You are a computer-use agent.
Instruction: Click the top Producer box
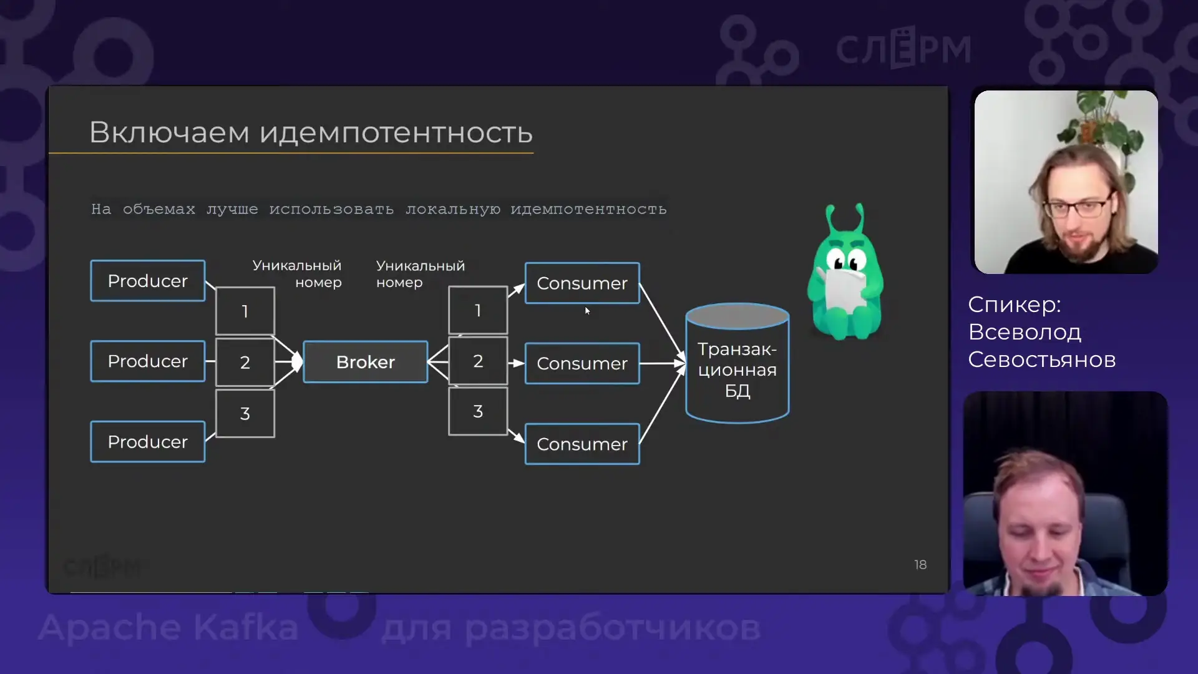[x=147, y=281]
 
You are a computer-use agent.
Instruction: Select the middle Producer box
[x=147, y=361]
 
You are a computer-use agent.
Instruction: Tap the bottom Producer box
[x=147, y=442]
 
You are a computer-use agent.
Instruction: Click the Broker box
[x=366, y=362]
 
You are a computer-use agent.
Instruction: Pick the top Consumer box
[x=582, y=283]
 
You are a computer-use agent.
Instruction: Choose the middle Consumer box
[x=582, y=363]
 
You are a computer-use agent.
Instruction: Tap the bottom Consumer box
[x=582, y=444]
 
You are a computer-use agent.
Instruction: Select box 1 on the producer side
[x=245, y=311]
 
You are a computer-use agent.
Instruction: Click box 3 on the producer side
[x=245, y=413]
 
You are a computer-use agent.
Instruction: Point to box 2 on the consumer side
[x=478, y=361]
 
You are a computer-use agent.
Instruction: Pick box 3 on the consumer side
[x=478, y=411]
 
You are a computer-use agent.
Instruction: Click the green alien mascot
[x=845, y=275]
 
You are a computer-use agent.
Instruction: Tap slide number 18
[x=920, y=565]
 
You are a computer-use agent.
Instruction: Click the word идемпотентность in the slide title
[x=396, y=132]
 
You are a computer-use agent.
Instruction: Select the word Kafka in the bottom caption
[x=246, y=627]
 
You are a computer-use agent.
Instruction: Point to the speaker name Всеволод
[x=1025, y=332]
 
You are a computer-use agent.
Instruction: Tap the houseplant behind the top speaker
[x=1104, y=122]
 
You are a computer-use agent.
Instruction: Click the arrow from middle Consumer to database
[x=661, y=363]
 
